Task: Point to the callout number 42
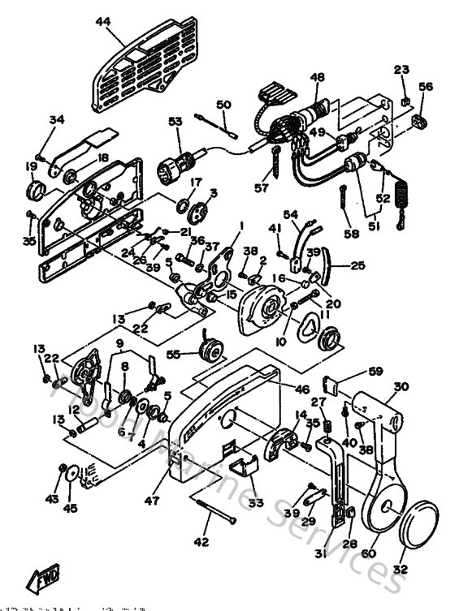point(201,541)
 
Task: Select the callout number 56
point(426,87)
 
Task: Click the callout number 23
point(404,69)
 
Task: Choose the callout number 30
point(400,387)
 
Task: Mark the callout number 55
point(171,355)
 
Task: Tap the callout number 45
point(71,509)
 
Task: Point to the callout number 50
point(223,104)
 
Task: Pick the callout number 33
point(257,503)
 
